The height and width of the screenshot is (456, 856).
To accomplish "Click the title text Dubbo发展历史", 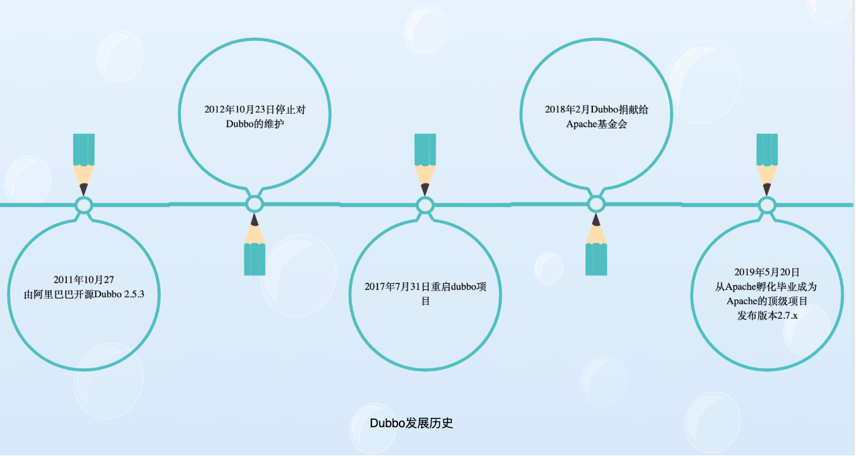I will pos(412,423).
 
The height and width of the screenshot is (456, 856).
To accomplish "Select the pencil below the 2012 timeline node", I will pos(254,248).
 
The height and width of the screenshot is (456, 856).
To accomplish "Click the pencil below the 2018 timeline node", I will pos(596,248).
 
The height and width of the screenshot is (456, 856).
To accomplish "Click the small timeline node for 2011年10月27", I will pos(84,205).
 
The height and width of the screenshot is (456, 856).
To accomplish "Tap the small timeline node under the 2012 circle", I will pos(254,204).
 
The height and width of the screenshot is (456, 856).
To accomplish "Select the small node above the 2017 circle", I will pos(425,205).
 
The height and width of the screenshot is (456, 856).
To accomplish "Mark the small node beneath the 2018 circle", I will pos(596,204).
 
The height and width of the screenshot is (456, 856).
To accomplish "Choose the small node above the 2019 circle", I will pos(767,205).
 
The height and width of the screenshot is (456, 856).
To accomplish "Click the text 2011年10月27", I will pos(84,279).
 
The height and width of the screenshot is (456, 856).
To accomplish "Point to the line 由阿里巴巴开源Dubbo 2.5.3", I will pos(84,294).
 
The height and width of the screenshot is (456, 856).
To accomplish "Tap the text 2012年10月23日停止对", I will pos(255,109).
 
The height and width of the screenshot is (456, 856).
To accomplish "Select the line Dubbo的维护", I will pos(255,124).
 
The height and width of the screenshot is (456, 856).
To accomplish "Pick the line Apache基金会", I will pos(596,124).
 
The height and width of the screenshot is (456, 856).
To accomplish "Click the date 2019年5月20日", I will pos(767,272).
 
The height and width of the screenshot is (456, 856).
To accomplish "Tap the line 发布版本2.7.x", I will pos(767,315).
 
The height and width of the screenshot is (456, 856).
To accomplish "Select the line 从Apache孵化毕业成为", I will pos(767,287).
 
